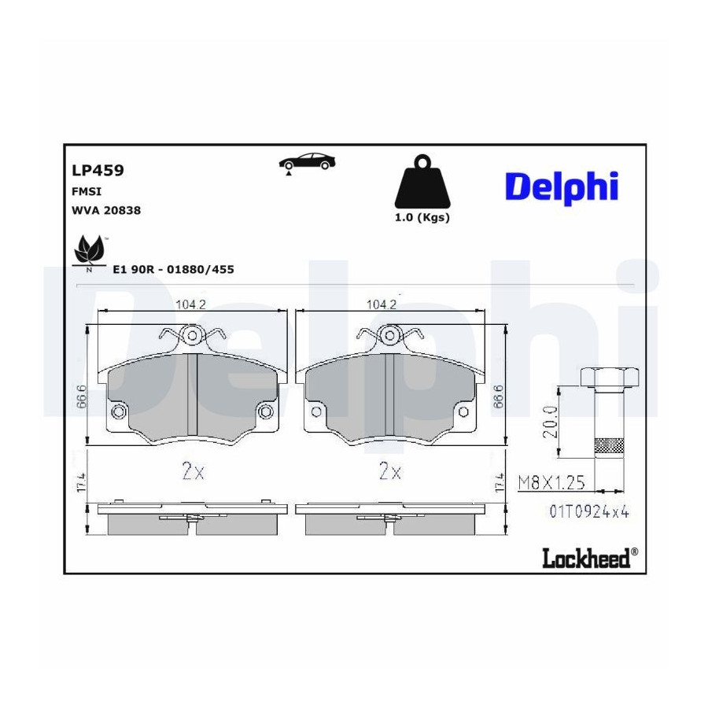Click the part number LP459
point(98,170)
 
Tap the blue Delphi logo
point(562,186)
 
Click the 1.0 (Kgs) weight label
point(422,218)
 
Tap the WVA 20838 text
point(106,210)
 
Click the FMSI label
point(87,191)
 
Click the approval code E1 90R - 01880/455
point(173,270)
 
